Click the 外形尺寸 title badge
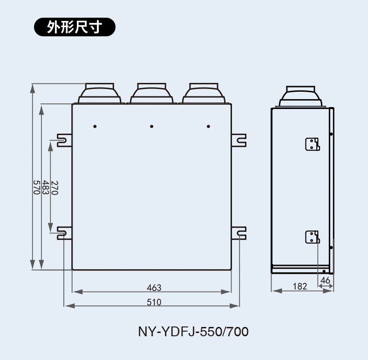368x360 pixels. pyautogui.click(x=75, y=27)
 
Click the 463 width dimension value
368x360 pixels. pyautogui.click(x=154, y=288)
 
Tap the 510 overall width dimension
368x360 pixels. pyautogui.click(x=154, y=302)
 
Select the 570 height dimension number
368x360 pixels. pyautogui.click(x=36, y=187)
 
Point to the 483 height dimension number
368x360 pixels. pyautogui.click(x=46, y=187)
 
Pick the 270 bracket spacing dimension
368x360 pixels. pyautogui.click(x=55, y=188)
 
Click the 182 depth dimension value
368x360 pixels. pyautogui.click(x=300, y=286)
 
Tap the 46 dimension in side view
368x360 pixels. pyautogui.click(x=325, y=280)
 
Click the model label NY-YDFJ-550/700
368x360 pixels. pyautogui.click(x=193, y=332)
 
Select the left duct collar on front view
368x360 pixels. pyautogui.click(x=100, y=93)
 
